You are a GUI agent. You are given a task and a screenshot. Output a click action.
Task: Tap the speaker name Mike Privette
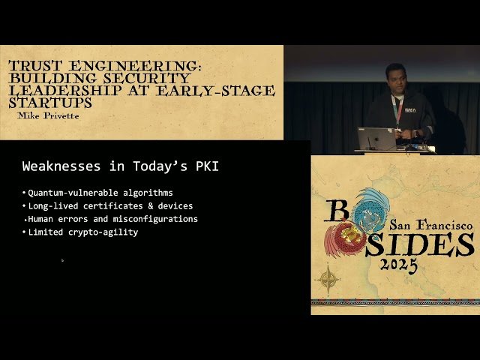[49, 116]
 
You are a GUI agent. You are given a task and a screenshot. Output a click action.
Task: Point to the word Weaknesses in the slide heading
[57, 166]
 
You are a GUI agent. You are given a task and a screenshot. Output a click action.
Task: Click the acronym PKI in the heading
[205, 166]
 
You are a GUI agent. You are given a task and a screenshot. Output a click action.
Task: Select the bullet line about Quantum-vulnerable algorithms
[100, 193]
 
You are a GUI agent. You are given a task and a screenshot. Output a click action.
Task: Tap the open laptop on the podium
[376, 138]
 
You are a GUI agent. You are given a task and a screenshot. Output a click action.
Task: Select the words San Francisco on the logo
[430, 223]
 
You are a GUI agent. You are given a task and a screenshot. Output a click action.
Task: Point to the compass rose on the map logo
[328, 280]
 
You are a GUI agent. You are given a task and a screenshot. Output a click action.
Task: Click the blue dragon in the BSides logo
[372, 210]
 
